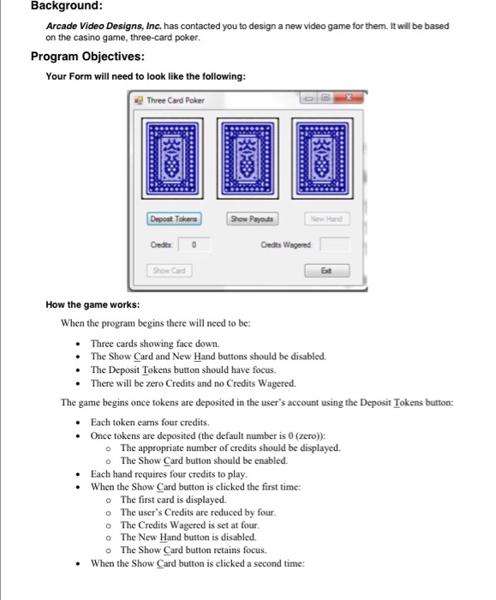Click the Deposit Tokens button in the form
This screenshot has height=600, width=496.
click(x=174, y=219)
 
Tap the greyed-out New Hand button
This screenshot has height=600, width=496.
click(x=326, y=219)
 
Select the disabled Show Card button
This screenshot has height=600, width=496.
click(x=169, y=271)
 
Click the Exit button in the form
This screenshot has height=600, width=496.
click(x=326, y=271)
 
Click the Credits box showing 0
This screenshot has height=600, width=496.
click(x=194, y=244)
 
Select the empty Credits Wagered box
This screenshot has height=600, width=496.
click(x=335, y=244)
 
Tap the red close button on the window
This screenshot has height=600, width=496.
click(x=348, y=98)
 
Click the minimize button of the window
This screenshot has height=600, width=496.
click(x=309, y=98)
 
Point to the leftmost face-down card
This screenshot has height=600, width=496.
click(x=172, y=159)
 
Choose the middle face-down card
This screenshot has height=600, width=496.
click(x=248, y=159)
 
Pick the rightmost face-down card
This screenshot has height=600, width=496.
click(x=322, y=159)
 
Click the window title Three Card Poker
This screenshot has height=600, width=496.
click(x=176, y=100)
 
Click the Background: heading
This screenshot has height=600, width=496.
click(x=67, y=5)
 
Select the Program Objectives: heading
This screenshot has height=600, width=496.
click(x=87, y=57)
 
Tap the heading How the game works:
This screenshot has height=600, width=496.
click(x=93, y=304)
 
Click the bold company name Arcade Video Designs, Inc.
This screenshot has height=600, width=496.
click(x=104, y=26)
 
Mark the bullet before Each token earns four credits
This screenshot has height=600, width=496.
click(x=78, y=423)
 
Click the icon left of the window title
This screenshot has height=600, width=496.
click(x=139, y=100)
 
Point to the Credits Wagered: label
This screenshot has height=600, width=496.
click(x=286, y=244)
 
